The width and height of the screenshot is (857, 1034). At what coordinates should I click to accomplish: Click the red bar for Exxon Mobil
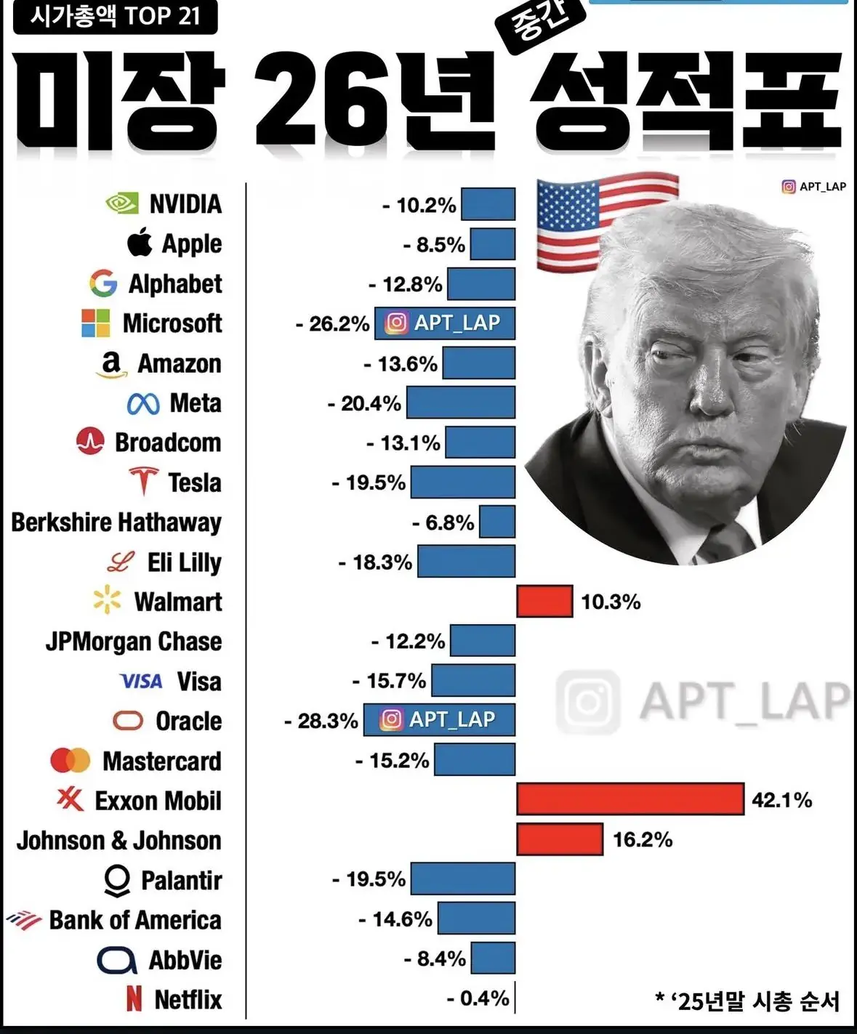coord(629,799)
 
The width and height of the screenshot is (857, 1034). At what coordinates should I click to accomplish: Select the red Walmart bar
coord(544,602)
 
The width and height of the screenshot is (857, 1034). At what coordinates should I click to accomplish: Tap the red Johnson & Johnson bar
coord(560,839)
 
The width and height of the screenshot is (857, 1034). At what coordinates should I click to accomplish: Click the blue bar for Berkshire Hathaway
coord(497,522)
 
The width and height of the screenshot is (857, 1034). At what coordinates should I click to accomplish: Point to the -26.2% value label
coord(332,323)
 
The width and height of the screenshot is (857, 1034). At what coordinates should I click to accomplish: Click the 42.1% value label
coord(781,800)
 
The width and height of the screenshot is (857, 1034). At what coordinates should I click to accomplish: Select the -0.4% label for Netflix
coord(478,998)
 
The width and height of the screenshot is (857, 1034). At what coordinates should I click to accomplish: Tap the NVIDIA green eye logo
coord(122,203)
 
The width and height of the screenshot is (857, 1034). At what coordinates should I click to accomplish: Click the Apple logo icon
coord(140,242)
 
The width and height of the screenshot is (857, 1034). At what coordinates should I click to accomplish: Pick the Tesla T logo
coord(144,481)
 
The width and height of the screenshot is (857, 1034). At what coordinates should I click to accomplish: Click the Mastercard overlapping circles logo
coord(71,761)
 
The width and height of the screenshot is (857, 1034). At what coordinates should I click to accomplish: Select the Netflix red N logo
coord(134,999)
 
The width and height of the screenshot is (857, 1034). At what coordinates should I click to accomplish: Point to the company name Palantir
coord(181,880)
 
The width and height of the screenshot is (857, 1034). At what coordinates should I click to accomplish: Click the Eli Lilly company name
coord(184,562)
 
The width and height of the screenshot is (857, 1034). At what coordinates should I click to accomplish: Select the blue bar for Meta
coord(461,403)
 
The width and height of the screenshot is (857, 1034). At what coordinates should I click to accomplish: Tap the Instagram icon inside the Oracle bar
coord(391,719)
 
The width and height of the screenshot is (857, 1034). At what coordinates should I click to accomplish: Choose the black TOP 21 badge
coord(115,17)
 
